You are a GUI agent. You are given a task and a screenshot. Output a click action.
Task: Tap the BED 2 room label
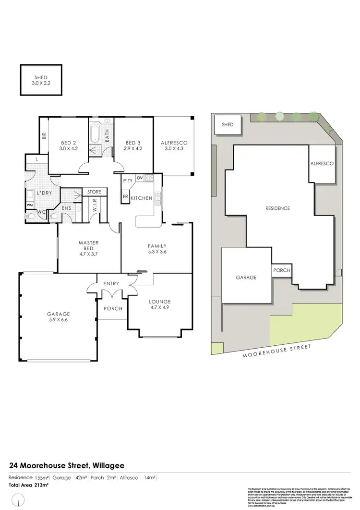click(x=69, y=146)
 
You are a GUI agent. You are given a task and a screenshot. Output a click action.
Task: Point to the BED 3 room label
click(x=132, y=146)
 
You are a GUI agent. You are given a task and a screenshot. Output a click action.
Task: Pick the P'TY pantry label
click(x=128, y=181)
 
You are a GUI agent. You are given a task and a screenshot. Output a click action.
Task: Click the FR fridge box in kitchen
click(x=125, y=197)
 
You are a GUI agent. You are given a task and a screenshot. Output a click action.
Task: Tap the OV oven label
click(x=140, y=178)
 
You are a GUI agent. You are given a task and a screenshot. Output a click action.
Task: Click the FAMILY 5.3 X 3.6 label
click(x=156, y=248)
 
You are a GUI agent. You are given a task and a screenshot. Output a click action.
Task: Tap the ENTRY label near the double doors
click(x=111, y=284)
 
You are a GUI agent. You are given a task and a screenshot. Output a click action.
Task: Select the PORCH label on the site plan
click(x=281, y=270)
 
